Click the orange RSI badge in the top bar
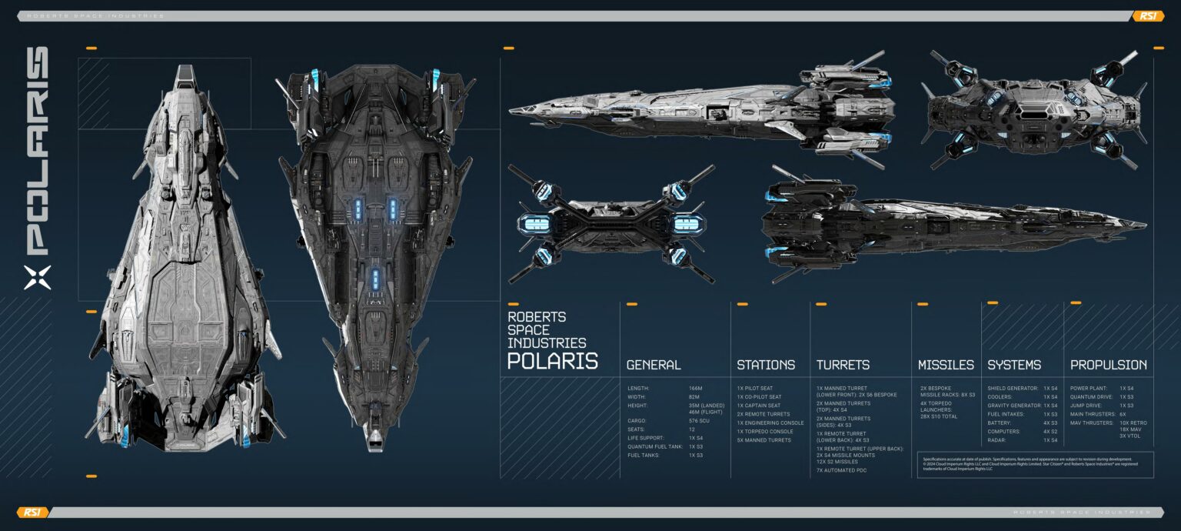(x=1148, y=16)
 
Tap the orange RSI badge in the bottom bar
(x=32, y=513)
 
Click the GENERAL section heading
(x=654, y=365)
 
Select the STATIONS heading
(x=766, y=365)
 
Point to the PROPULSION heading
(x=1108, y=365)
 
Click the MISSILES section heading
(x=946, y=365)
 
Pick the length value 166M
(x=696, y=389)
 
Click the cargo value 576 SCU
(x=700, y=421)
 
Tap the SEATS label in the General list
(x=637, y=429)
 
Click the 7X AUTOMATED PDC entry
(x=841, y=470)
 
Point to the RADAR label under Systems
(x=997, y=440)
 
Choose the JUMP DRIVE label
(x=1086, y=406)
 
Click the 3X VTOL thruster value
(x=1130, y=436)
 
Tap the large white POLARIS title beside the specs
(x=552, y=361)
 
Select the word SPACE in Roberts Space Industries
(x=528, y=330)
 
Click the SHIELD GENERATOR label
(x=1013, y=389)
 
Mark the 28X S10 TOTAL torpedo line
(x=940, y=416)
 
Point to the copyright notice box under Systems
(x=1035, y=463)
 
